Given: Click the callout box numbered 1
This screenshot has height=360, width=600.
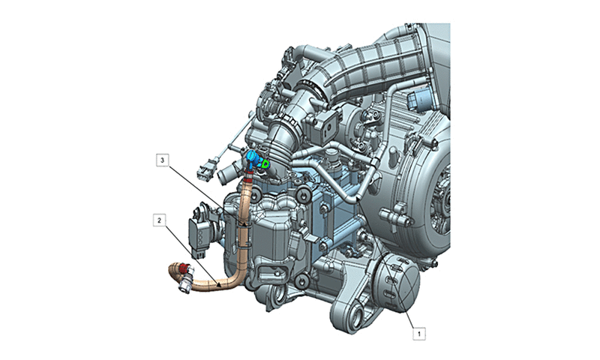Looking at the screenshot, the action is [419, 334].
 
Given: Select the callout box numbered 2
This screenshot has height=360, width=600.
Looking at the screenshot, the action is [160, 220].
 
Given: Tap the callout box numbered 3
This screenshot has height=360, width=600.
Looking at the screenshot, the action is [163, 160].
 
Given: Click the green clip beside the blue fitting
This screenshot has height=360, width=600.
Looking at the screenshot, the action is [265, 164].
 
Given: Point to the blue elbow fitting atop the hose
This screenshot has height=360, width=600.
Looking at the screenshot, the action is [253, 158].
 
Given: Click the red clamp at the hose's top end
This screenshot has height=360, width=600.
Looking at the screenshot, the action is [247, 176].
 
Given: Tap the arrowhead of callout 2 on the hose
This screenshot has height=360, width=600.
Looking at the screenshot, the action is [219, 285].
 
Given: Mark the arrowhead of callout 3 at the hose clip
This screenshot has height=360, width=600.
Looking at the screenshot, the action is [243, 223].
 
